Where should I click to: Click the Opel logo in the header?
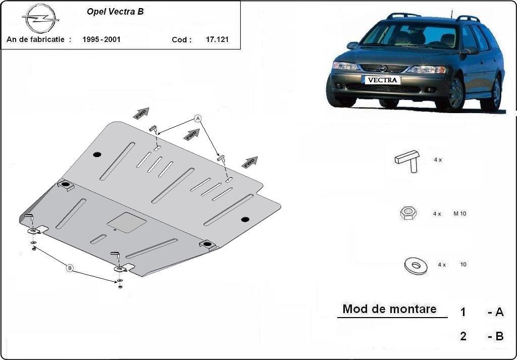coord(40,19)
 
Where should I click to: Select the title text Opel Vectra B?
coord(115,12)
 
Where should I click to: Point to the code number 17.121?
coord(217,39)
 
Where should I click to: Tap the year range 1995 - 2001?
coord(101,39)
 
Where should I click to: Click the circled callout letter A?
coord(197,118)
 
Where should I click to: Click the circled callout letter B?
coord(70,268)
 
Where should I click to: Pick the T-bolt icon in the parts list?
coord(407,161)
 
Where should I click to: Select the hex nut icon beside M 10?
coord(408,213)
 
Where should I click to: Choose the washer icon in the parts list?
coord(416,266)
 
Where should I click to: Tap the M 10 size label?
coord(459,214)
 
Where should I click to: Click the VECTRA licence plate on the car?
coord(382,80)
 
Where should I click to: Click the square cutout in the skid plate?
coord(127,223)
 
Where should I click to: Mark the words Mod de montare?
coord(389,309)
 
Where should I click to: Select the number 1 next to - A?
coord(463,312)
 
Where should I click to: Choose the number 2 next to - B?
coord(463,336)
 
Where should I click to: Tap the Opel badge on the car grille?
coord(383,69)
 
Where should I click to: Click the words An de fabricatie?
coord(39,39)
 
